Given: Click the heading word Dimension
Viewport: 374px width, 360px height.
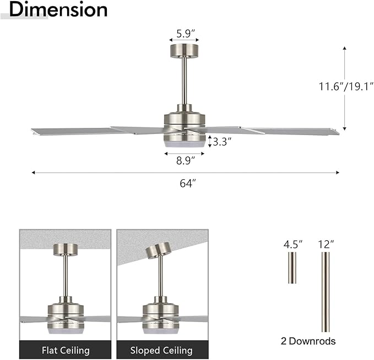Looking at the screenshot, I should click(58, 9).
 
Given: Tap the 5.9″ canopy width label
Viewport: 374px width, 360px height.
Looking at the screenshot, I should click(184, 34).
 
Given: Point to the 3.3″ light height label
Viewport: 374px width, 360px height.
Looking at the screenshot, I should click(222, 141).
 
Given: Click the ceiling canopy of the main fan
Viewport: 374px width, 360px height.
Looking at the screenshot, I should click(184, 51).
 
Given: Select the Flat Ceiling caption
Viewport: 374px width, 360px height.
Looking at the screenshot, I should click(66, 350).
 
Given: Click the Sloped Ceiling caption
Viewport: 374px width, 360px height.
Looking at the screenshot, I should click(161, 350).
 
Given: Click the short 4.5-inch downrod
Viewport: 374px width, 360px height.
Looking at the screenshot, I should click(292, 268).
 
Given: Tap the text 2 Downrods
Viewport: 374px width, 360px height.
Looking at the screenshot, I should click(308, 341).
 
